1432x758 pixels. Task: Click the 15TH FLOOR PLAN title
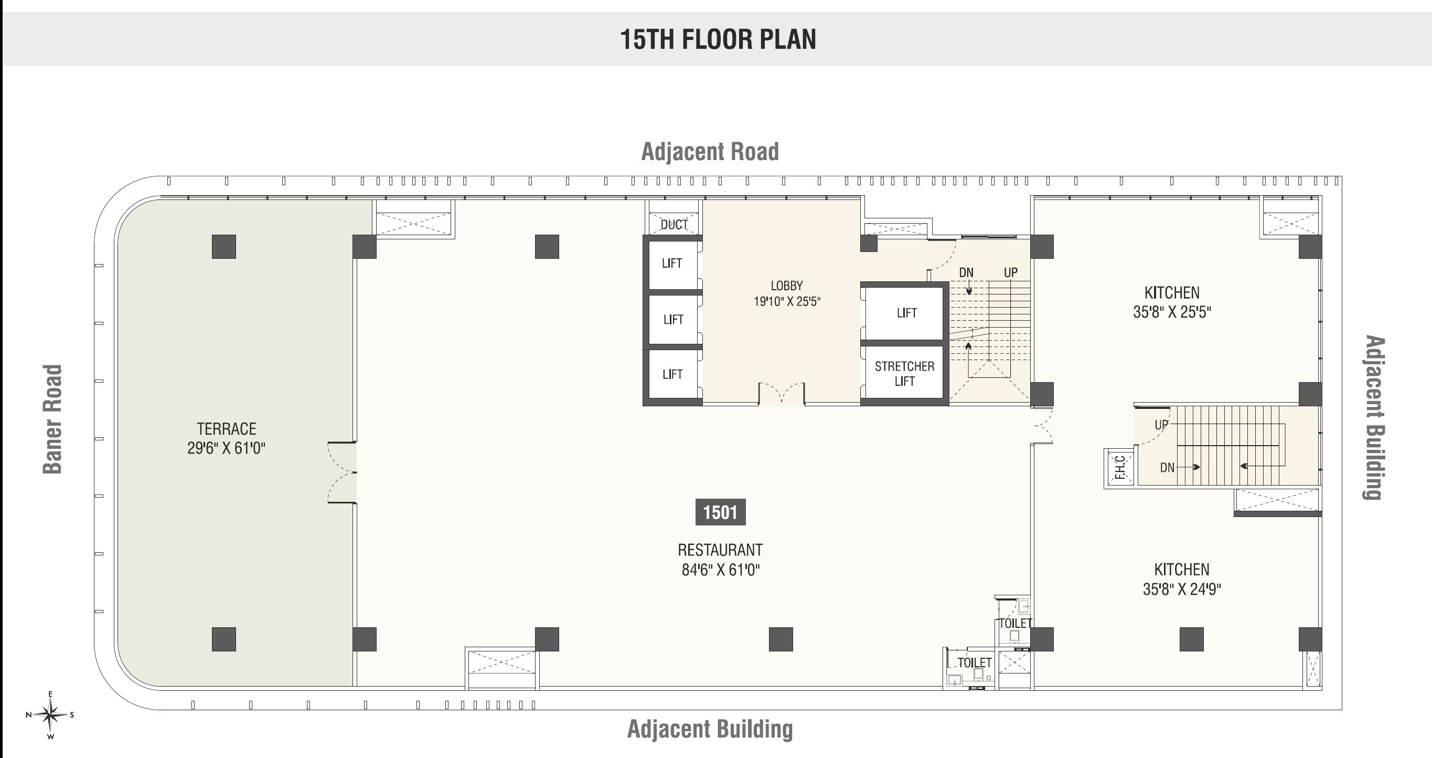(x=718, y=39)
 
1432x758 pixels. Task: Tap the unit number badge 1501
(x=720, y=512)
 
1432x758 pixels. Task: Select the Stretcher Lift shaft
(x=904, y=373)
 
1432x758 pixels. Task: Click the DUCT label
(x=674, y=224)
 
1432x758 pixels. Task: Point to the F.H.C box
(x=1119, y=467)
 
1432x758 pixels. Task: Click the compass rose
(x=50, y=714)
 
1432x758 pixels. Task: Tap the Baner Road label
(x=53, y=419)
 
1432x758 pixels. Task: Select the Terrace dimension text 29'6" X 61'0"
(x=226, y=448)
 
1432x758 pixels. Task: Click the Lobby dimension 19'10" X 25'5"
(x=787, y=301)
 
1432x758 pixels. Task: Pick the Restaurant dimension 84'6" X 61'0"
(x=720, y=570)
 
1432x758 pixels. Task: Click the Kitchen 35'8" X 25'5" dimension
(x=1172, y=312)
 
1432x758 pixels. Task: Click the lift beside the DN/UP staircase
(x=905, y=312)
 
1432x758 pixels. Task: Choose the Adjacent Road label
(x=710, y=152)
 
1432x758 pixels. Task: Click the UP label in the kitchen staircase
(x=1161, y=425)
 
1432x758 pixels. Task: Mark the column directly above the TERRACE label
(x=224, y=246)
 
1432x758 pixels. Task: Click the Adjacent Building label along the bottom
(x=710, y=729)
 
